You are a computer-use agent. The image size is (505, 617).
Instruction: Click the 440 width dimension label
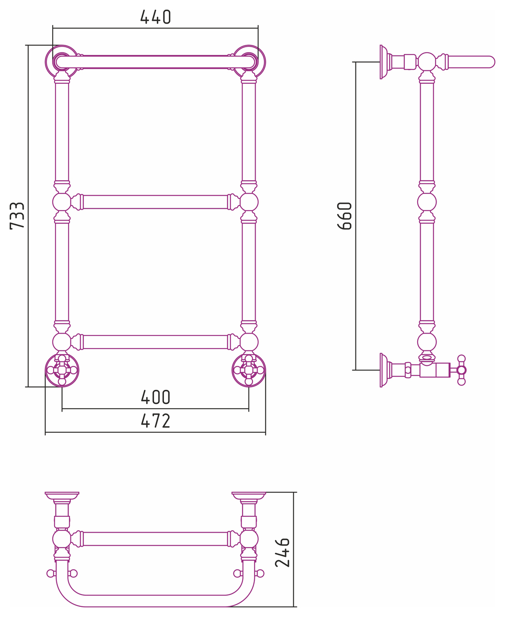click(155, 17)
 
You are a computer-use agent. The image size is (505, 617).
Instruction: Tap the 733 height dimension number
click(17, 215)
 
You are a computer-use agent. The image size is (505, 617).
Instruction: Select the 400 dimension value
click(155, 397)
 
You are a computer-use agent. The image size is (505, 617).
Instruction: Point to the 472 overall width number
click(155, 421)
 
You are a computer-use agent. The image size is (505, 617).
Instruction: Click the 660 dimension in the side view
click(344, 215)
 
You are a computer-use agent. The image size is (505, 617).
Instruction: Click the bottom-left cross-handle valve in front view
click(62, 370)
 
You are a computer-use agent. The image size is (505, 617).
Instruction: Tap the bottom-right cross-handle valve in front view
click(249, 370)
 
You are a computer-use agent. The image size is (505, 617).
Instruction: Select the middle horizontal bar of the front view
click(155, 202)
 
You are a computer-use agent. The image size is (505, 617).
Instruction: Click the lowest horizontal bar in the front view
click(155, 342)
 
